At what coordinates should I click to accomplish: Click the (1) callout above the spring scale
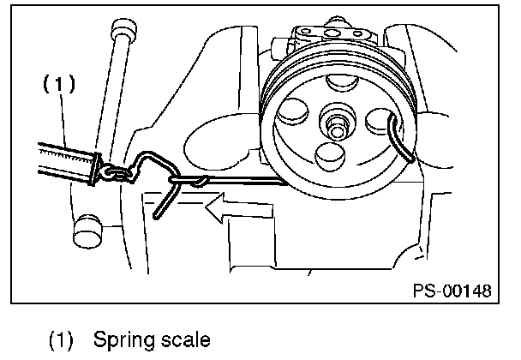pos(58,84)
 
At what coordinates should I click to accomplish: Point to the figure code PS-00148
pos(451,291)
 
